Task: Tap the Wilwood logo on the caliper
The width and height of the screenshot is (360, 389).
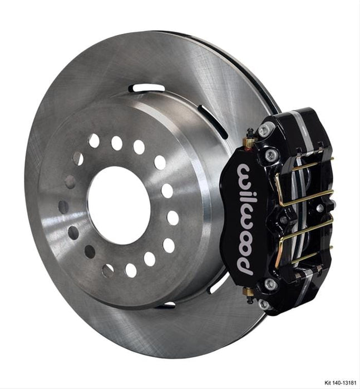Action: tap(244, 218)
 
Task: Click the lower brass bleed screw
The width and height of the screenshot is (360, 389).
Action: tap(249, 291)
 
